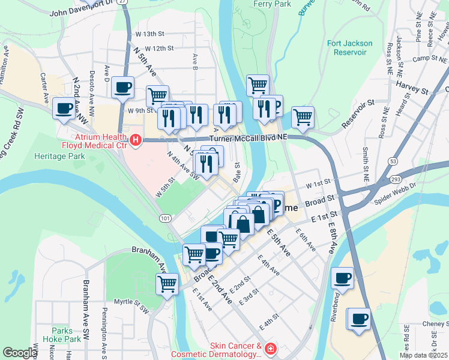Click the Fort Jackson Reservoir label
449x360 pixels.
tap(350, 47)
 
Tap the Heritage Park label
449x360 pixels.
tap(59, 156)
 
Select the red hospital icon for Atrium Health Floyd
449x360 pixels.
tap(136, 140)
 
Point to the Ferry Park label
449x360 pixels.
tap(272, 4)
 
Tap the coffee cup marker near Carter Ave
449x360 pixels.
tap(64, 109)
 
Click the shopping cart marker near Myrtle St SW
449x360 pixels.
tap(167, 283)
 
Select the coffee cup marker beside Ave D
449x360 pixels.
tap(122, 87)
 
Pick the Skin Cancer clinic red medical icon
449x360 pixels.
tap(270, 349)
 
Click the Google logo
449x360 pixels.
tap(20, 353)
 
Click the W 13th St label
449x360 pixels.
tap(149, 34)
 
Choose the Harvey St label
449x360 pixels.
tap(412, 90)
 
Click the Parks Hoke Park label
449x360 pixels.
tap(66, 335)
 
